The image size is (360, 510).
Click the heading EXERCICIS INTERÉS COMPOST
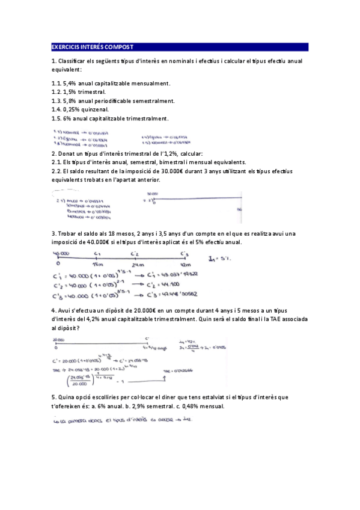click(92, 47)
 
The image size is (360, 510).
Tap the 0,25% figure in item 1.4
click(75, 110)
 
